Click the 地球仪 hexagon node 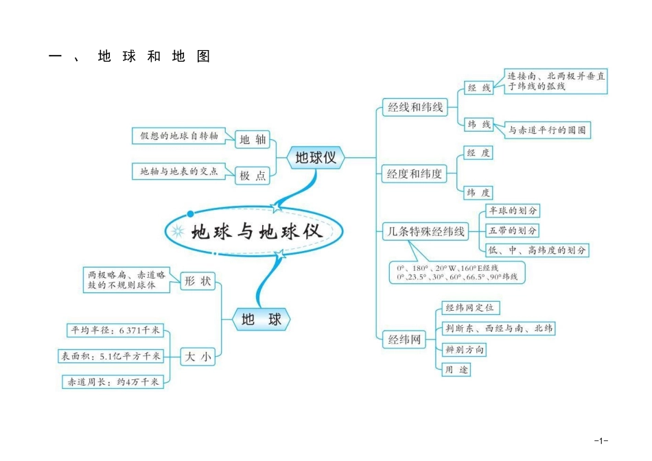point(316,158)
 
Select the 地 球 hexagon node point(261,320)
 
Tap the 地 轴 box point(252,140)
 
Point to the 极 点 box point(252,176)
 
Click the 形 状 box point(198,281)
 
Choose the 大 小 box point(198,356)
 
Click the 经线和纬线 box point(415,107)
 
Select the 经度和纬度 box point(415,174)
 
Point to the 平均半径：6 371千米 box point(115,331)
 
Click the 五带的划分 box point(512,230)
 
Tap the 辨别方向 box point(465,350)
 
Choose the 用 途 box point(456,370)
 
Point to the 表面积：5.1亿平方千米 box point(110,356)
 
